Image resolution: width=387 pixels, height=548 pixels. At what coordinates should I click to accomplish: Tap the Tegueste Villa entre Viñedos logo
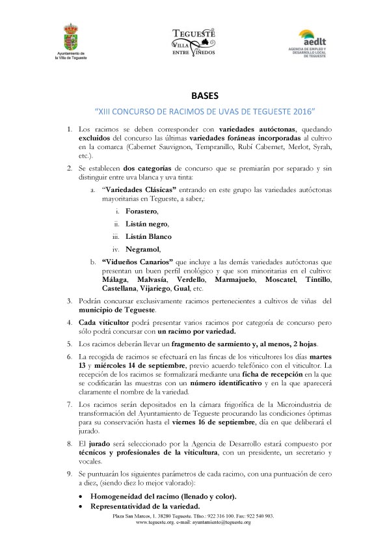pyautogui.click(x=193, y=42)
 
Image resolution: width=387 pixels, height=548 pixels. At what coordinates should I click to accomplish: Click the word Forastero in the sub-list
pyautogui.click(x=141, y=211)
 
